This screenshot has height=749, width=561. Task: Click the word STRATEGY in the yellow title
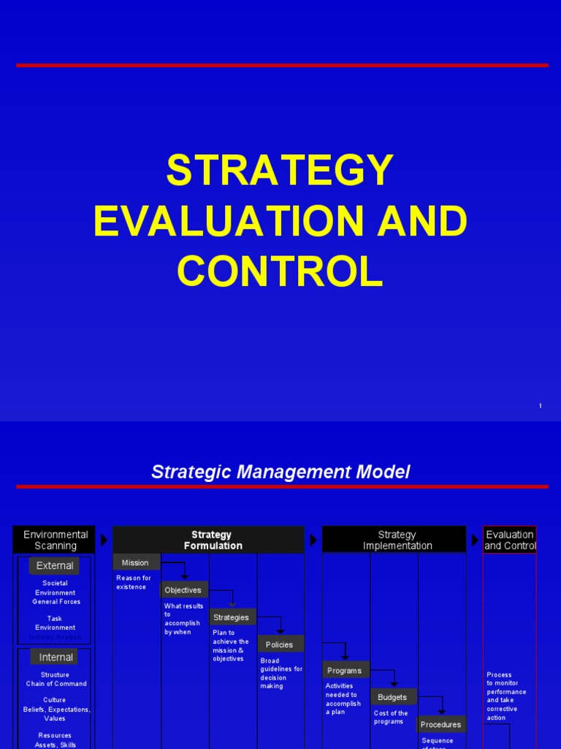tap(280, 171)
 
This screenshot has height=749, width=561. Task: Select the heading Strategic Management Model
tap(280, 473)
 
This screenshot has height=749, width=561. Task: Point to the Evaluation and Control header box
tap(510, 540)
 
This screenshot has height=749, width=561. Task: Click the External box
tap(55, 565)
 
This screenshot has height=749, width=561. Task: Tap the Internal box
tap(56, 657)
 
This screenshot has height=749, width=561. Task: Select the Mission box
tap(136, 562)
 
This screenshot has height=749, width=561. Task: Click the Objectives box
tap(183, 590)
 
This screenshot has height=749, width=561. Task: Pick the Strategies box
tap(232, 617)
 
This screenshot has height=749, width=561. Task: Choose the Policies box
tap(280, 644)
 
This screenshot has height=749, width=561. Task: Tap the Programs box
tap(345, 670)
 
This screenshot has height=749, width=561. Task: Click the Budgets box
tap(393, 697)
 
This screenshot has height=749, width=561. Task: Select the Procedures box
tap(441, 724)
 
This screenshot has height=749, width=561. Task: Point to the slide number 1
tap(540, 406)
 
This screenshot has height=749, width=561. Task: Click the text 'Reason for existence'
tap(134, 582)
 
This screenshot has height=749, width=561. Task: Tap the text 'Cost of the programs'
tap(391, 718)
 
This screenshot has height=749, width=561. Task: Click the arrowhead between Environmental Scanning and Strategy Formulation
tap(104, 540)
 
